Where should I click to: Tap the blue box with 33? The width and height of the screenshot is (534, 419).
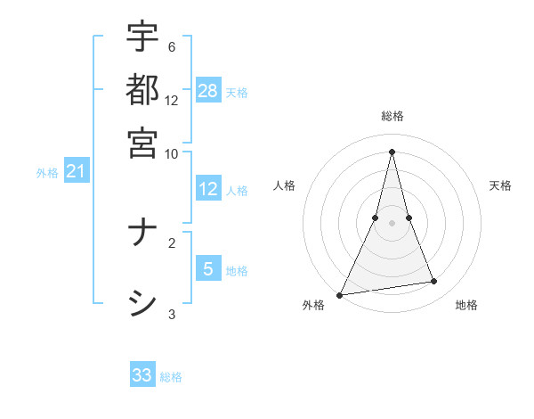coord(142,374)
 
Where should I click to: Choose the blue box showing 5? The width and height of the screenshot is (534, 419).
coord(208,268)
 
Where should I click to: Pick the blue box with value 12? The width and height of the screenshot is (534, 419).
coord(208,189)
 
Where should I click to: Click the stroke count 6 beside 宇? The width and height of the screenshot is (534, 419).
coord(171,47)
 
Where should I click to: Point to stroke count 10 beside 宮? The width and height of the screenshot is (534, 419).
coord(171,153)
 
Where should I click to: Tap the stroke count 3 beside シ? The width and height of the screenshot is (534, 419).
coord(171,314)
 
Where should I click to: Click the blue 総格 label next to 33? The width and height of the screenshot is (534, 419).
coord(171,377)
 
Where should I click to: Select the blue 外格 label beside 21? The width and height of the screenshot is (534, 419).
coord(47,173)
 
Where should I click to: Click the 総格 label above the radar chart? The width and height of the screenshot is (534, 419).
coord(392,116)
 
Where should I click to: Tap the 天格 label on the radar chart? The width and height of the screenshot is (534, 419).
coord(500,185)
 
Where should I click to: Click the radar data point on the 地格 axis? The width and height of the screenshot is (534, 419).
coord(434,282)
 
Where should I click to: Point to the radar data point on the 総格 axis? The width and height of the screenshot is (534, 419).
coord(392,152)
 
